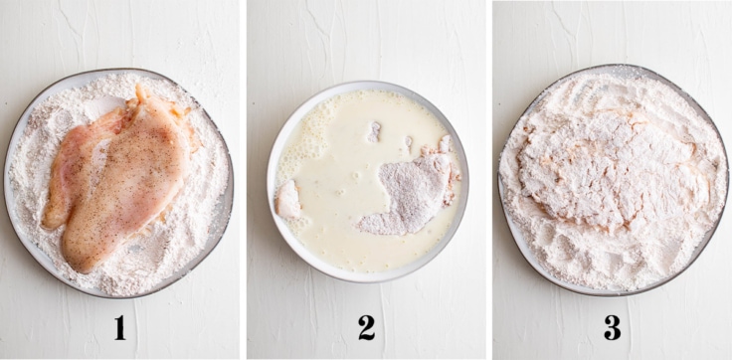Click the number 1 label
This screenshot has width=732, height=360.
[120, 328]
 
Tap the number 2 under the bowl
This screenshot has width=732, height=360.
[366, 328]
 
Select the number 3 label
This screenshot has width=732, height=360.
[612, 328]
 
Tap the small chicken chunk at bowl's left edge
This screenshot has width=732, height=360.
[288, 200]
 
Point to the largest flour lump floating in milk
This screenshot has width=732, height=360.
[374, 131]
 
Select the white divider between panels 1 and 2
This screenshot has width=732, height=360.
[244, 180]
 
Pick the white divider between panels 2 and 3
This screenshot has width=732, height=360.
[489, 180]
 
